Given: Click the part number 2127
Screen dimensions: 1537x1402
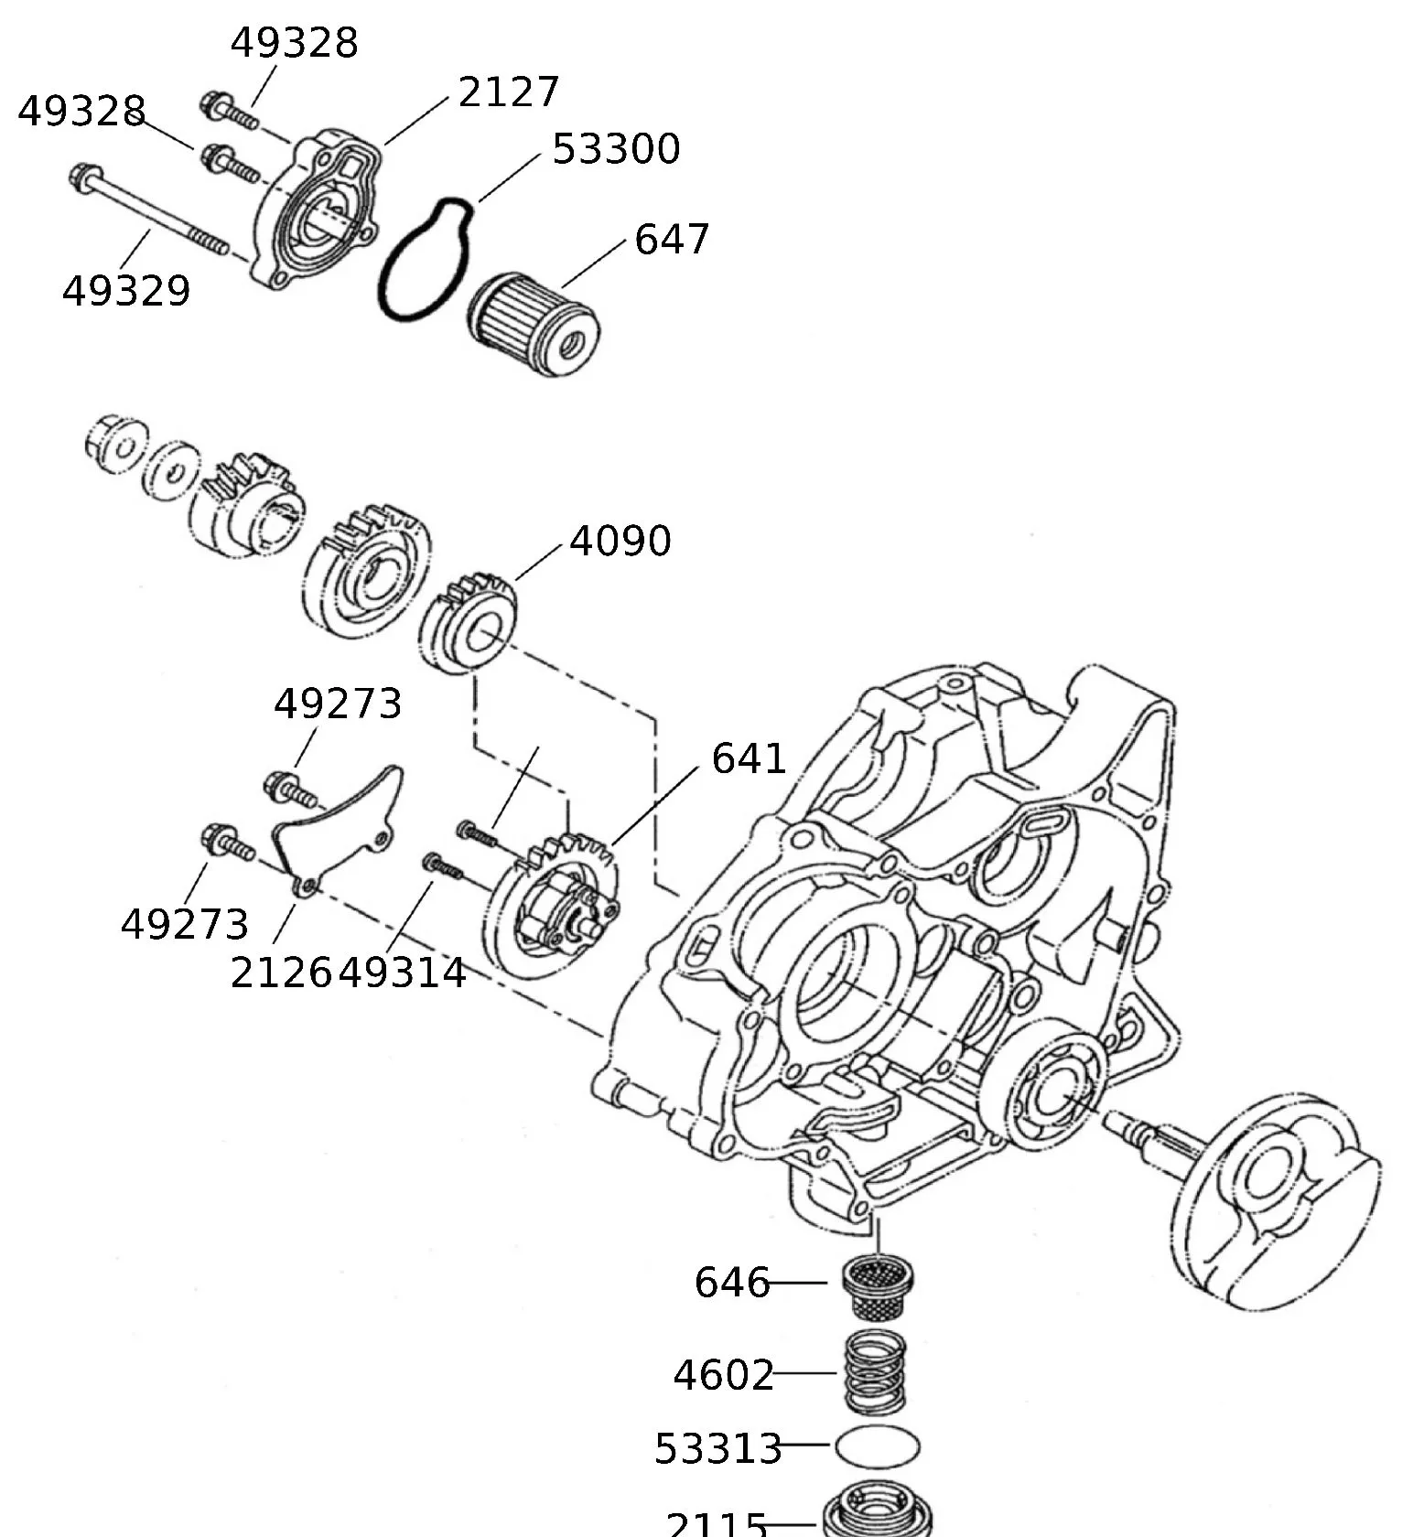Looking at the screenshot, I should tap(508, 92).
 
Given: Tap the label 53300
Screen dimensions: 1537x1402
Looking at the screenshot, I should tap(616, 149).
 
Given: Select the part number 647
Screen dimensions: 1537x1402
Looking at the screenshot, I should tap(672, 240).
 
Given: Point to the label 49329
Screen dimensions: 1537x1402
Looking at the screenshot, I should tap(126, 292).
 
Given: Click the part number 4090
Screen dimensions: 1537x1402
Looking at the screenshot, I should tap(620, 542).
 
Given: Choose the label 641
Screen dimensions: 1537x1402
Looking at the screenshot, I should tap(749, 759).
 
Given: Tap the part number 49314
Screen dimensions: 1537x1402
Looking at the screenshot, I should tap(404, 973).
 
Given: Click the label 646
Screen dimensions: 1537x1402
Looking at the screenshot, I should tap(731, 1283).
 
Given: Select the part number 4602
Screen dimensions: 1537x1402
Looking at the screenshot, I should tap(723, 1375).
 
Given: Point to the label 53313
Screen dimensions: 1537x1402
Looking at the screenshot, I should tap(718, 1448).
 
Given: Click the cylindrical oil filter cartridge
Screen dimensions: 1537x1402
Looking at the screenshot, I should tap(534, 323).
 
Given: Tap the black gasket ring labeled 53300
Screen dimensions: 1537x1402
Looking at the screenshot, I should tap(425, 260).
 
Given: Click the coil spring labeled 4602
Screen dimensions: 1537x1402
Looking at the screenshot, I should tap(875, 1372).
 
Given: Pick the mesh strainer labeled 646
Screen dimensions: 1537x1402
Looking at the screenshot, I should tap(878, 1285).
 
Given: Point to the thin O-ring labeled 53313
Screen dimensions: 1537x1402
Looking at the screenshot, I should tap(877, 1447).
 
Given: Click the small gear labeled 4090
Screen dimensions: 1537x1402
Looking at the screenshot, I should tap(469, 622).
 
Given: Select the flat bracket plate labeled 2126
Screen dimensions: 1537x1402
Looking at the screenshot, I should tap(336, 828).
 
